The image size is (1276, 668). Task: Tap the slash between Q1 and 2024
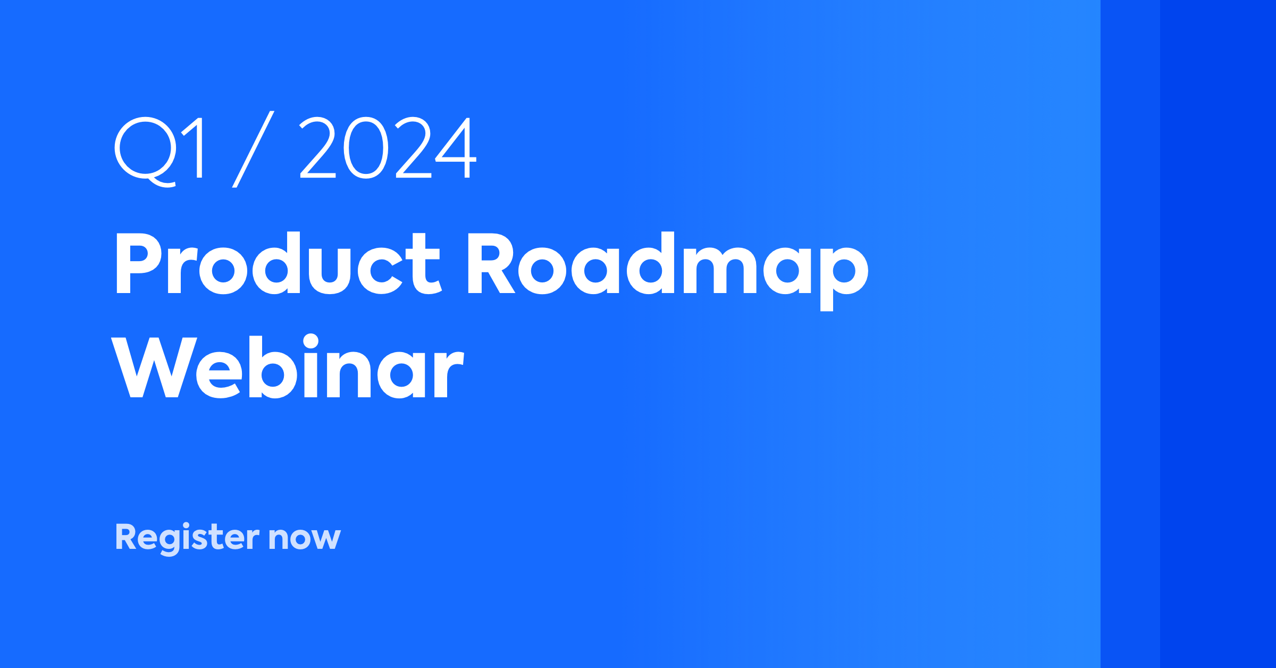pos(253,149)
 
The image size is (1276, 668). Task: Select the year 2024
pos(388,147)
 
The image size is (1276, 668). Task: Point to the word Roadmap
pos(668,271)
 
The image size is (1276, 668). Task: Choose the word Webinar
pos(288,366)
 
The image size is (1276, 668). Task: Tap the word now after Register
pos(305,538)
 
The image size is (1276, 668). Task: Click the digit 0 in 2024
pos(366,147)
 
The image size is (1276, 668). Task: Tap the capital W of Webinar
pos(154,367)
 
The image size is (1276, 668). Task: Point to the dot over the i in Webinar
pos(310,341)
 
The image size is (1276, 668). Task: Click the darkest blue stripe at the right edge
pos(1218,334)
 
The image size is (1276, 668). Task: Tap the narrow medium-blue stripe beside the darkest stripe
pos(1130,334)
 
